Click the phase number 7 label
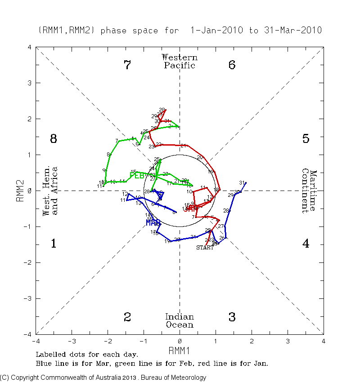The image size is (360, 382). (127, 65)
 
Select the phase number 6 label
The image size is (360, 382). (232, 65)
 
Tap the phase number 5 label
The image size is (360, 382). (306, 139)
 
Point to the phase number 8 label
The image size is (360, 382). (53, 139)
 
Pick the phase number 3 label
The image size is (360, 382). (232, 317)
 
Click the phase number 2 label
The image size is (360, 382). (127, 317)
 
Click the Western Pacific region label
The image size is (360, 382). (180, 61)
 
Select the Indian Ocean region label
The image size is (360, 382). (180, 321)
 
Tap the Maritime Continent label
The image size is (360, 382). (309, 191)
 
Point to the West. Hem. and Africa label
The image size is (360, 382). (50, 191)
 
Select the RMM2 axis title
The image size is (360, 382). (20, 191)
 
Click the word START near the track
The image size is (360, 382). (205, 248)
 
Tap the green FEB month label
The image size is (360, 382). (137, 175)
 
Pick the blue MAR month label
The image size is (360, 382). (153, 222)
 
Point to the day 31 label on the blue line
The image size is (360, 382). (242, 182)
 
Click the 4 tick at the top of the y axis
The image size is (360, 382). (29, 47)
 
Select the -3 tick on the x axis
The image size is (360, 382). (72, 341)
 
